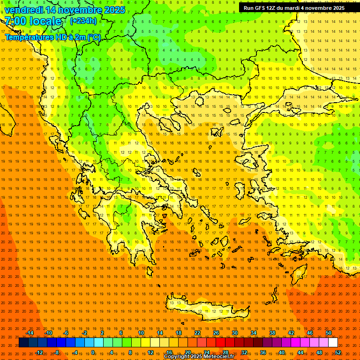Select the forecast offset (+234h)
(x=83, y=21)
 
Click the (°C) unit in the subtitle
(x=93, y=37)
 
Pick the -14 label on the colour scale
(x=30, y=333)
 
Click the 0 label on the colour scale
(x=93, y=352)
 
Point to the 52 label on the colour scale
(x=338, y=352)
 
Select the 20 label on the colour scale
(x=187, y=352)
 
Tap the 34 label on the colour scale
(x=254, y=333)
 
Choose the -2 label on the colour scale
(x=84, y=333)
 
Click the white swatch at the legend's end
(x=333, y=343)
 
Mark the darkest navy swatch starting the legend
(x=24, y=343)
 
